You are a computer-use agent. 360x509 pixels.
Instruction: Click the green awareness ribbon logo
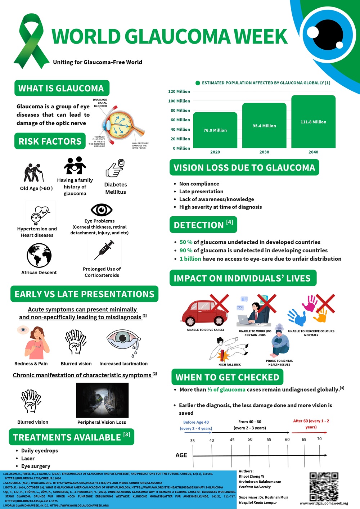tap(31, 41)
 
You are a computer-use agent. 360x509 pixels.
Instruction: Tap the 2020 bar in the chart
tap(215, 130)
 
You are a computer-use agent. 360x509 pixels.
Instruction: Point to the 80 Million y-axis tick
tap(180, 111)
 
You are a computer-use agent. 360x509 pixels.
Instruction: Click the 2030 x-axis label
tap(264, 152)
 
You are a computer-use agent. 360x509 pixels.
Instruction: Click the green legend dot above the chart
tap(198, 83)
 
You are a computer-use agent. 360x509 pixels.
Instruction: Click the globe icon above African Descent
tap(39, 255)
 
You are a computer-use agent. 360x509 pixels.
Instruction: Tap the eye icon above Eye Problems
tap(102, 210)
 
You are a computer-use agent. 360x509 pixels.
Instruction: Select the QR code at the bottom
tap(324, 487)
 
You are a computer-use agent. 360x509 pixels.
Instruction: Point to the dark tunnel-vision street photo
tap(102, 400)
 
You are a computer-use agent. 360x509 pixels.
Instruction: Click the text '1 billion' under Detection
tap(190, 259)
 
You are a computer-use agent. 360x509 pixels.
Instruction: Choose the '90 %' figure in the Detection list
tap(186, 251)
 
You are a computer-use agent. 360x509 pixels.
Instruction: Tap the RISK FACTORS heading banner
tap(50, 141)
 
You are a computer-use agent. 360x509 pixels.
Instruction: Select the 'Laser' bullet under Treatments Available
tap(28, 459)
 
